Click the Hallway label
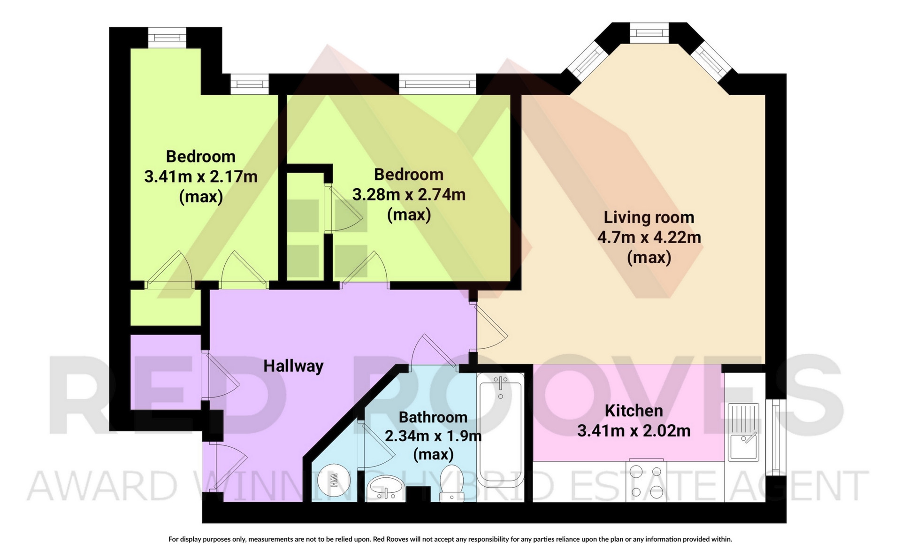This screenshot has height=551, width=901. [x=293, y=366]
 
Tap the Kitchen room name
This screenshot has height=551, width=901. [x=634, y=411]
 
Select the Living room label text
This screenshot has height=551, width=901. [x=649, y=217]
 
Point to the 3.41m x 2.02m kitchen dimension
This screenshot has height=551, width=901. [x=634, y=431]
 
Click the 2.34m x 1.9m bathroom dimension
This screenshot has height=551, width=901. [x=433, y=436]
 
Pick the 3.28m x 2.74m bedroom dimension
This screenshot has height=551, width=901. [x=409, y=194]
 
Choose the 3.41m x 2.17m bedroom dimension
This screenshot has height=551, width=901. [x=201, y=177]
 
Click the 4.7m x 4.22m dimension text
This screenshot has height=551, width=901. [x=649, y=237]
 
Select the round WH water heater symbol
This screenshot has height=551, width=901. [x=334, y=481]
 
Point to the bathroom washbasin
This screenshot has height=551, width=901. [x=386, y=489]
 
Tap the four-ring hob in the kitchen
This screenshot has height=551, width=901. [x=647, y=480]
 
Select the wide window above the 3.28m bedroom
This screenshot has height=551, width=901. [x=437, y=84]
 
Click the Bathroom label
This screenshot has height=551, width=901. [x=433, y=417]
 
